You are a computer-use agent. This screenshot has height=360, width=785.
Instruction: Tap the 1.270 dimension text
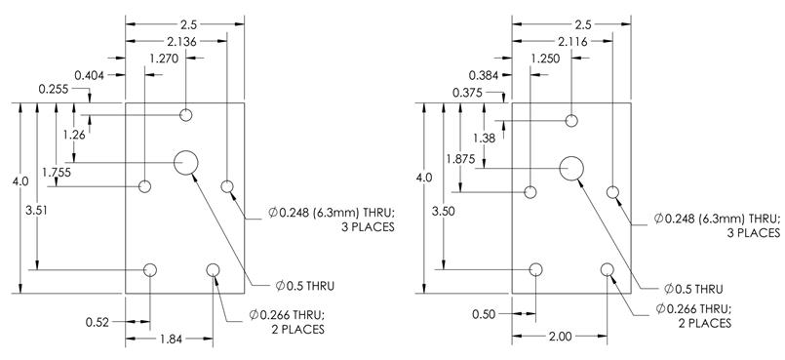pyautogui.click(x=164, y=59)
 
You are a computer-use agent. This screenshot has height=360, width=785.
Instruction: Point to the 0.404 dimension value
pyautogui.click(x=89, y=75)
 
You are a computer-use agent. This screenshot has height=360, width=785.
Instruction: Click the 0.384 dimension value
pyautogui.click(x=484, y=75)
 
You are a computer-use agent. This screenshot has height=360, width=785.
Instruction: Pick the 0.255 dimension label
pyautogui.click(x=54, y=89)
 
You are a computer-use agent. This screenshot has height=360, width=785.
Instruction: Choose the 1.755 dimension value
pyautogui.click(x=57, y=173)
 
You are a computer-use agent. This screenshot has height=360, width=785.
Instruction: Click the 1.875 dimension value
pyautogui.click(x=460, y=159)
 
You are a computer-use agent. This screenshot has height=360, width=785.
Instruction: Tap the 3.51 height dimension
pyautogui.click(x=36, y=211)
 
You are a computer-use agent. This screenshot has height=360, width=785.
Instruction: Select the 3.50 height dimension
pyautogui.click(x=444, y=212)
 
